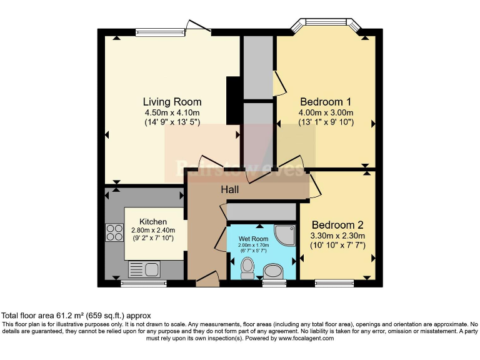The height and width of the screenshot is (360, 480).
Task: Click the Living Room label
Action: [x=172, y=102]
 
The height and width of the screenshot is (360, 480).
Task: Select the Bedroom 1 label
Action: [x=325, y=102]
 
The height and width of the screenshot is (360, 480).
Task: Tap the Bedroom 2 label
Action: [x=337, y=225]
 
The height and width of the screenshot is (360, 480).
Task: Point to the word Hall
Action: [x=231, y=188]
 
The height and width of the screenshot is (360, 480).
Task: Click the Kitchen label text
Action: [x=153, y=221]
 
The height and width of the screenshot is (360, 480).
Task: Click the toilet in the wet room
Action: [x=247, y=267]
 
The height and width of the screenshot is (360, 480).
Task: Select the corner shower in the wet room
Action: [x=285, y=234]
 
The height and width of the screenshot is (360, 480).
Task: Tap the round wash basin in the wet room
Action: [x=273, y=271]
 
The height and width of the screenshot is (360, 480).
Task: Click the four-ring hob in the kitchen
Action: [x=114, y=232]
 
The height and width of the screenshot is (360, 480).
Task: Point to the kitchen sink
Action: [x=144, y=269]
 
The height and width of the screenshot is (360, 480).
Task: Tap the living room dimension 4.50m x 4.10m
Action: [x=172, y=112]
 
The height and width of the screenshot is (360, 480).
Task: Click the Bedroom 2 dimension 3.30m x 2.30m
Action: [x=337, y=236]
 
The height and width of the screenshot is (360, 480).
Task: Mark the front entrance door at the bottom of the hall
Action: [x=207, y=280]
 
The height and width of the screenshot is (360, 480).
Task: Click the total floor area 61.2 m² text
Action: [x=77, y=316]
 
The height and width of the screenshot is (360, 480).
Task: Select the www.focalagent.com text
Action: [x=300, y=338]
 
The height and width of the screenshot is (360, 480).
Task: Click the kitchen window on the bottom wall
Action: [x=139, y=283]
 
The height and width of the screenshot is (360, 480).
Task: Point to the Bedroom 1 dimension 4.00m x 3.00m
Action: [x=325, y=112]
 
